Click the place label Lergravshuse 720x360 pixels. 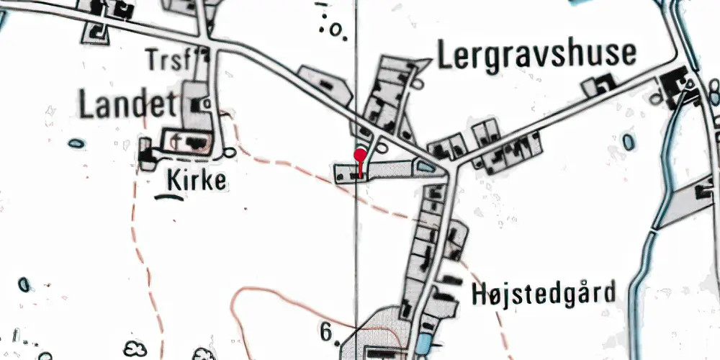(x=536, y=55)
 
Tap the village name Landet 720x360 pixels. (x=127, y=106)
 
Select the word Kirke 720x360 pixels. (x=197, y=180)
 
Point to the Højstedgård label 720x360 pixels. (x=545, y=294)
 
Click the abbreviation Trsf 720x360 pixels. (x=171, y=59)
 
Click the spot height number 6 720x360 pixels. (x=327, y=332)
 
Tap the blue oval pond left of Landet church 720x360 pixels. (x=76, y=143)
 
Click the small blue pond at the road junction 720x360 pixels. (x=426, y=168)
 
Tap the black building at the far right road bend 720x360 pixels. (x=677, y=78)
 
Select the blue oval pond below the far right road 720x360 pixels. (x=629, y=141)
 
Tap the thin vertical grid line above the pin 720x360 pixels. (x=358, y=72)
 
